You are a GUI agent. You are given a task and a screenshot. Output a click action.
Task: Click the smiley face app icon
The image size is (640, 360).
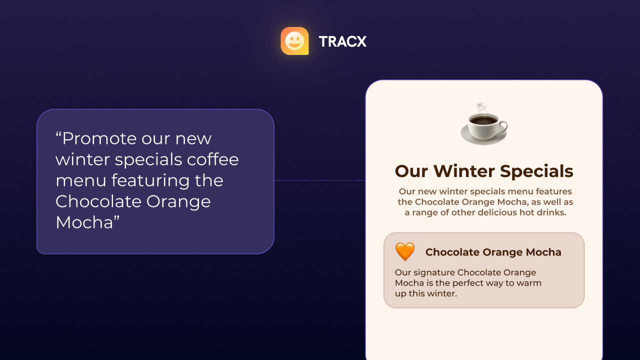point(294,41)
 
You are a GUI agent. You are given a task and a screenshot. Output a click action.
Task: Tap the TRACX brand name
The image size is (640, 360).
point(342,41)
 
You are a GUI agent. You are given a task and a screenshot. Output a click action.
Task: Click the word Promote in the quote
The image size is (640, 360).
point(96,138)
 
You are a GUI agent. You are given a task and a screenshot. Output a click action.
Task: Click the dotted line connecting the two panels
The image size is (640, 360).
point(319,180)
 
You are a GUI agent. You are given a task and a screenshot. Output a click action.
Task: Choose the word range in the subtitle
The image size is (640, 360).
point(426,212)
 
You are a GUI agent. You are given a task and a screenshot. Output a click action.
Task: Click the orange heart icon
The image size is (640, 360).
point(405,251)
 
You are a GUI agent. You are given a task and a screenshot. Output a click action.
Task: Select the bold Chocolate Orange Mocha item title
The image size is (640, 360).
point(493,252)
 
